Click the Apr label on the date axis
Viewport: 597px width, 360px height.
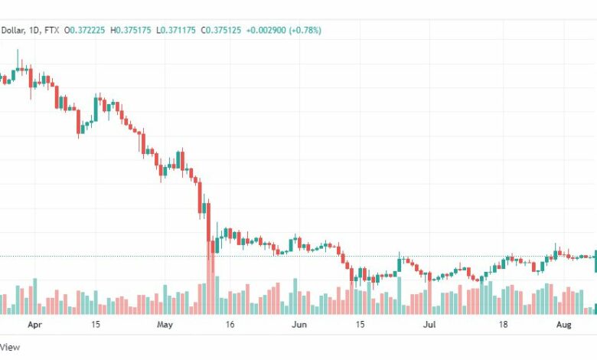[x=34, y=325]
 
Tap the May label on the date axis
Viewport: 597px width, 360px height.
[x=165, y=325]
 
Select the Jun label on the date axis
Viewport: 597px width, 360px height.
[x=299, y=325]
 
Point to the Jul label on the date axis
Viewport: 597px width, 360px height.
[x=429, y=325]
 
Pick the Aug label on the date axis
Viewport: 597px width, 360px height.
[x=564, y=325]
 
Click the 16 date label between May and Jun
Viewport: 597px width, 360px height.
[x=230, y=325]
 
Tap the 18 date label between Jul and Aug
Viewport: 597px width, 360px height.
[x=504, y=325]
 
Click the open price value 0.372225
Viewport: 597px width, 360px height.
[x=87, y=30]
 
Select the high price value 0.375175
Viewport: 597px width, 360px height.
[x=133, y=30]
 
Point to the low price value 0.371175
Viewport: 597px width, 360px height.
[x=178, y=30]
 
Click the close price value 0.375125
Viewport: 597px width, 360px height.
[x=223, y=30]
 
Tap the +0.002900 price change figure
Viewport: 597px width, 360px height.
[x=266, y=30]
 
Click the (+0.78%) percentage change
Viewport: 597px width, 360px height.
[x=305, y=30]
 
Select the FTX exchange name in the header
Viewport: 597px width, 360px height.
[x=52, y=30]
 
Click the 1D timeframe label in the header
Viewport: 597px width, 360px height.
[x=34, y=30]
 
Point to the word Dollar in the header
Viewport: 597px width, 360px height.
[x=12, y=30]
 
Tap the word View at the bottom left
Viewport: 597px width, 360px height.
[x=10, y=347]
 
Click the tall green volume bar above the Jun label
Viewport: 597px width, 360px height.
[x=295, y=296]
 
